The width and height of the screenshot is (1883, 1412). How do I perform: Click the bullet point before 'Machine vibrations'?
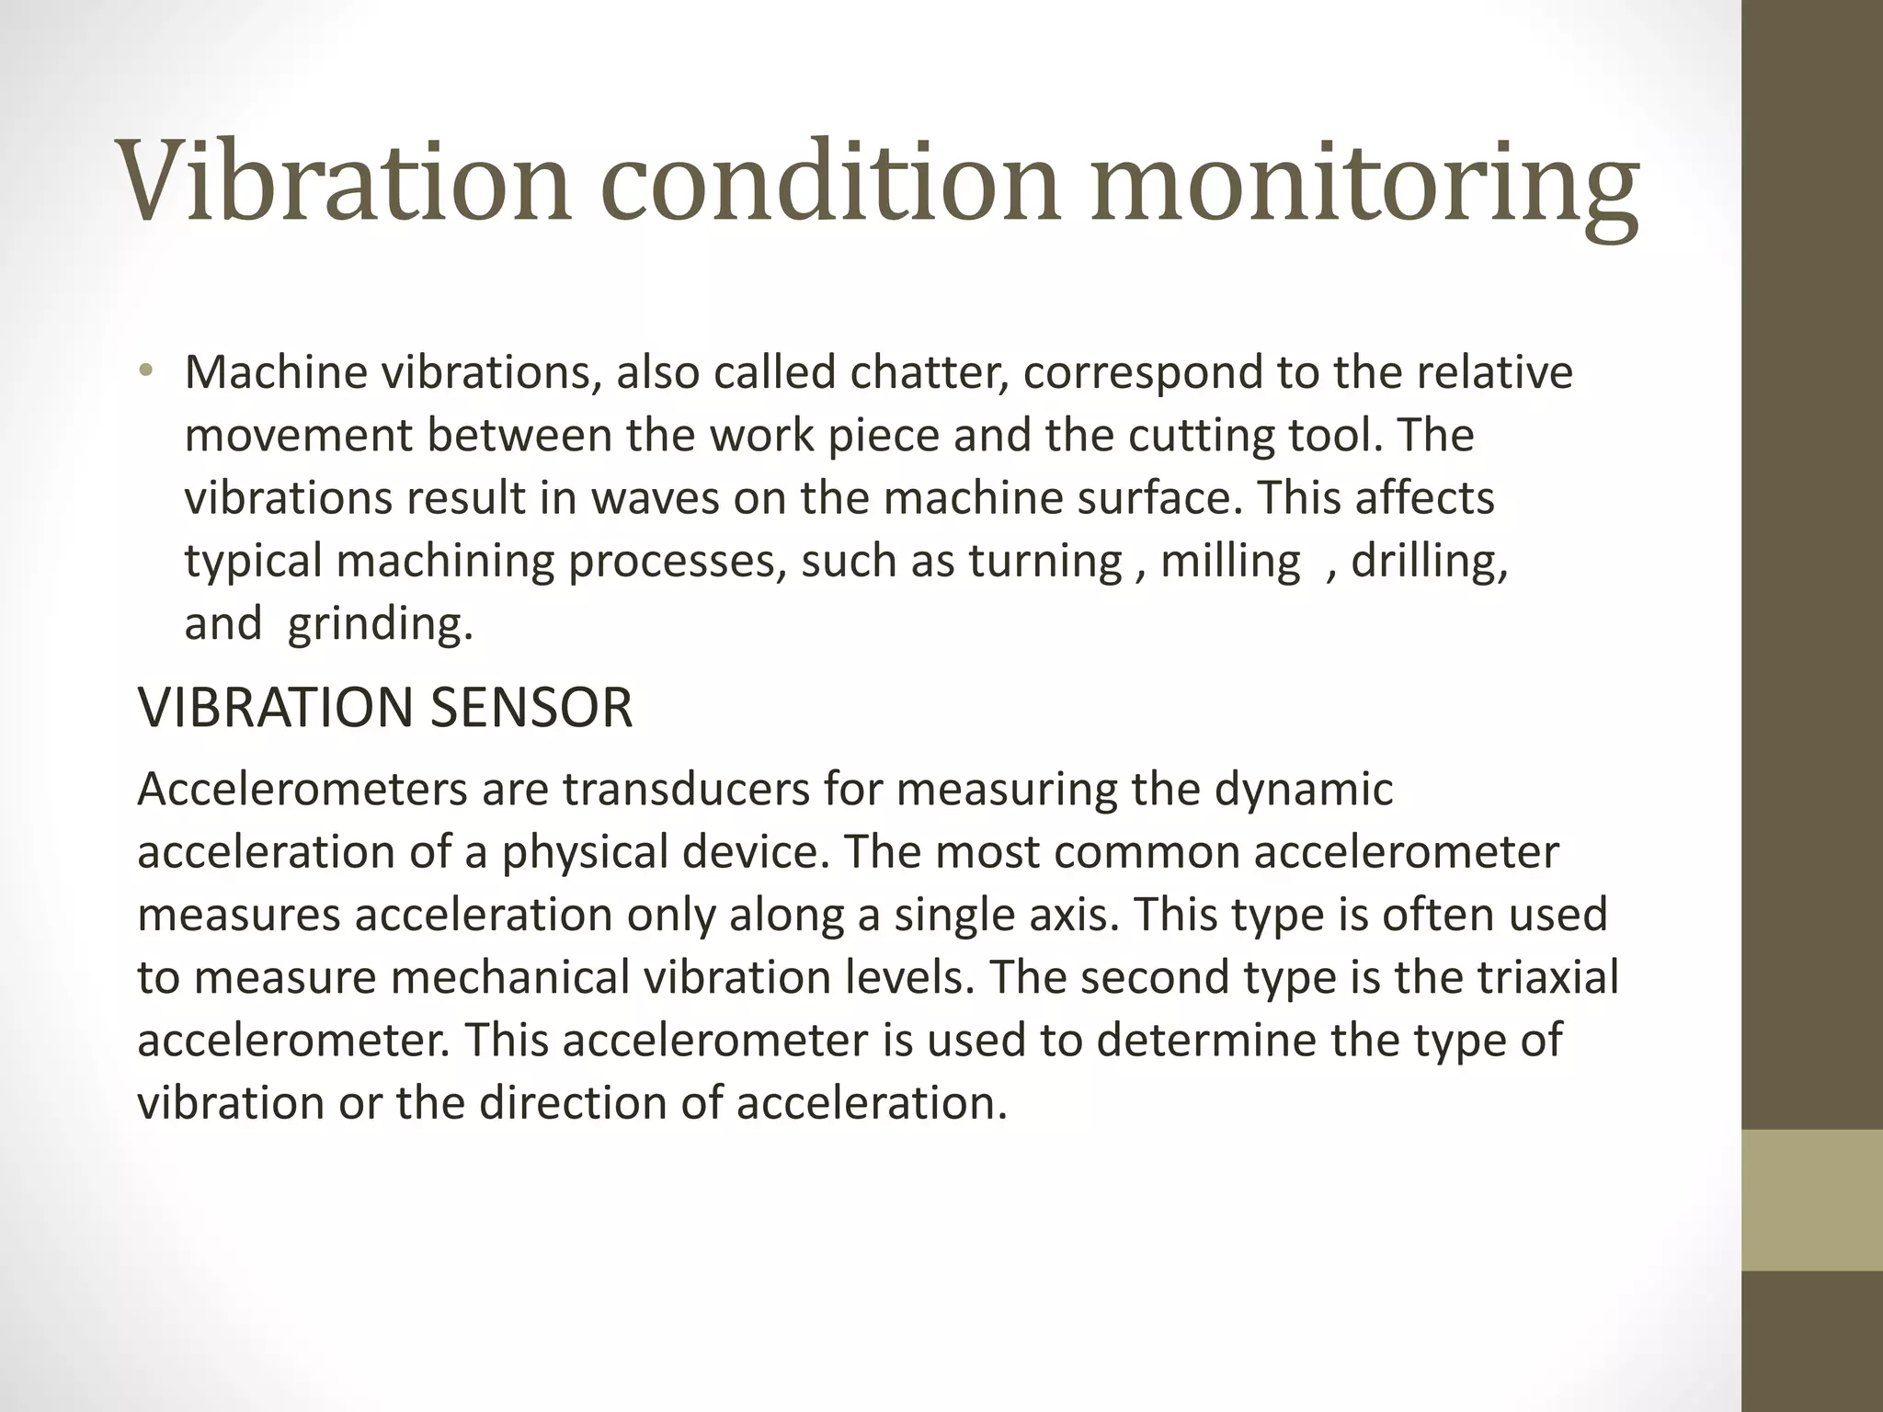145,372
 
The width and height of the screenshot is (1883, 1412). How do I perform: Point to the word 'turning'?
1045,562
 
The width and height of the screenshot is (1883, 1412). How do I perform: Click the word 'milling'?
1230,562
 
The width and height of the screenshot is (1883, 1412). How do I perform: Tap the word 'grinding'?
379,625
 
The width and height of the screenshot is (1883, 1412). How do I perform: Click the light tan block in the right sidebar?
1812,1199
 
